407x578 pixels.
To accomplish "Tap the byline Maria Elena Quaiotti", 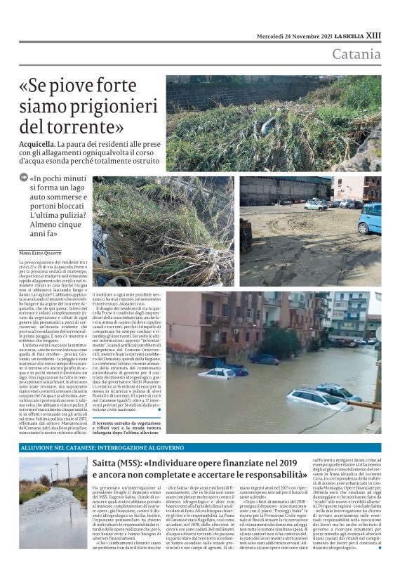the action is [40, 253].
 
